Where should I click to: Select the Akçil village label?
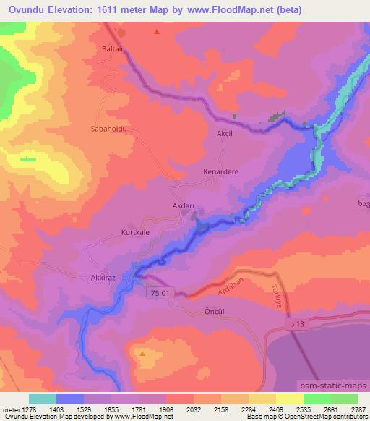(227, 135)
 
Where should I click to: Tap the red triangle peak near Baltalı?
(157, 32)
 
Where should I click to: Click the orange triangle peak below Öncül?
(142, 354)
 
